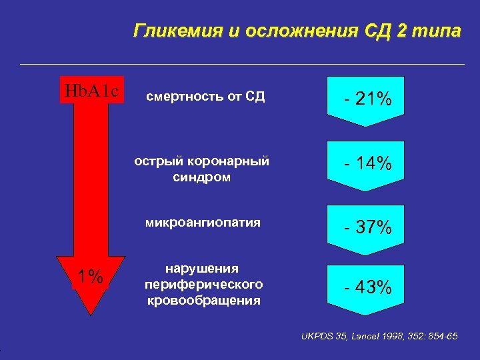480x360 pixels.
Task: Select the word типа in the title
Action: pyautogui.click(x=437, y=31)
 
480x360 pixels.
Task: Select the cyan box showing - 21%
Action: pyautogui.click(x=368, y=100)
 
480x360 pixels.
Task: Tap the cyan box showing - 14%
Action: pyautogui.click(x=368, y=164)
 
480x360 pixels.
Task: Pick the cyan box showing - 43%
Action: pyautogui.click(x=368, y=288)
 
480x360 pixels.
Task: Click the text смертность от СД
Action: pyautogui.click(x=205, y=97)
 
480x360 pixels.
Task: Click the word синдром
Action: pyautogui.click(x=202, y=178)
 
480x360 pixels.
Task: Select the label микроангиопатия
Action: pyautogui.click(x=203, y=223)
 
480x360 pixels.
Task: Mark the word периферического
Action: pyautogui.click(x=203, y=284)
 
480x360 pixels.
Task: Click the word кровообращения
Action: pyautogui.click(x=203, y=301)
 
